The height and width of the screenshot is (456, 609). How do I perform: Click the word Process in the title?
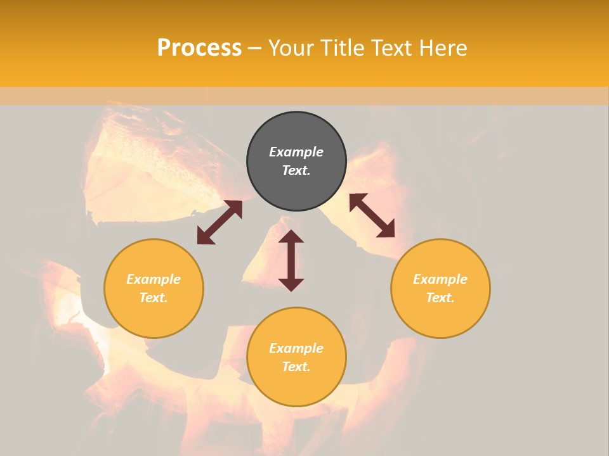pos(199,48)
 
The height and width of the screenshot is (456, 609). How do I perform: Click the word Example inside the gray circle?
pos(296,152)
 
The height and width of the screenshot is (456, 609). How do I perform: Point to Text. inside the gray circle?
pos(296,170)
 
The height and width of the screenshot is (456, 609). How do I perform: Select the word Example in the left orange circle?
pos(154,279)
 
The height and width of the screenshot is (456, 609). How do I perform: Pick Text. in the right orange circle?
pos(440,298)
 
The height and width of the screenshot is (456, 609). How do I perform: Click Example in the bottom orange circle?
pos(296,348)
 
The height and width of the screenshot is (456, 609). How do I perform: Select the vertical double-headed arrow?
pos(291,260)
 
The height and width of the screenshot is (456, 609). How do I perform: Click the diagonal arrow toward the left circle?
pos(219,222)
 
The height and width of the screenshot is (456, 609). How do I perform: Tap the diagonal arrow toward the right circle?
pos(372,215)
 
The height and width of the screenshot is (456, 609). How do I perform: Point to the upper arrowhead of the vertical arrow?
pos(291,237)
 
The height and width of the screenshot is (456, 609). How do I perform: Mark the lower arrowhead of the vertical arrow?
pos(291,284)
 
